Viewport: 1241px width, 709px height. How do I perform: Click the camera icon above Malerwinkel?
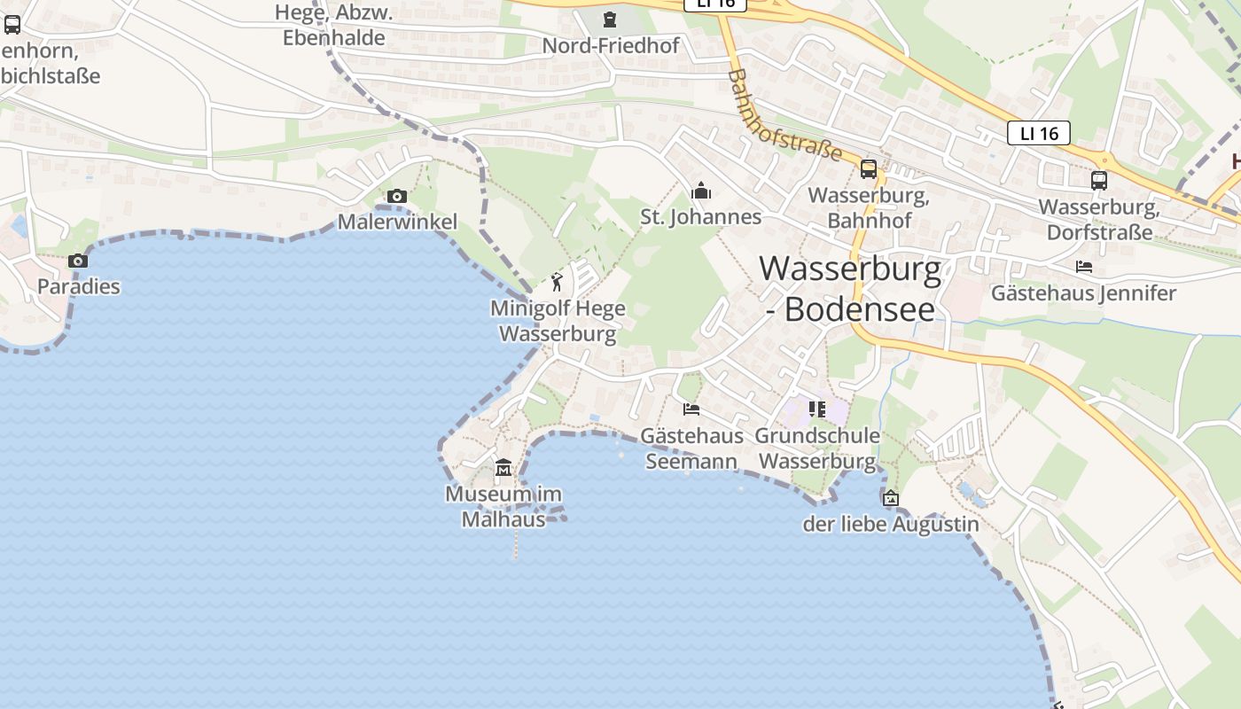pos(397,196)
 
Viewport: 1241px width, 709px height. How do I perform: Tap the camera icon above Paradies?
pos(78,261)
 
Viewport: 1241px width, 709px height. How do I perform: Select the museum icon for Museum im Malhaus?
pos(503,467)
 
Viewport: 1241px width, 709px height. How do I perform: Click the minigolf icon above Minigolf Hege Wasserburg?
pos(557,282)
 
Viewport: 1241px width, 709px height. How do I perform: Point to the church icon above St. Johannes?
pos(701,191)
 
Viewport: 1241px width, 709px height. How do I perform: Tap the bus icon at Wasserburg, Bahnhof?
pos(869,168)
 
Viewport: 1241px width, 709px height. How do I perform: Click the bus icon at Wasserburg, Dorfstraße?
pos(1099,180)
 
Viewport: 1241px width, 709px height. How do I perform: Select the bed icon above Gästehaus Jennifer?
pos(1084,266)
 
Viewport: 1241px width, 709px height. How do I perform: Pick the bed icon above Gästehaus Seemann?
pos(691,409)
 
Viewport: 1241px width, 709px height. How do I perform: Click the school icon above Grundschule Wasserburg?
pos(817,409)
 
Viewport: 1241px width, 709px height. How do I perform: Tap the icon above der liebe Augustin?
pos(891,498)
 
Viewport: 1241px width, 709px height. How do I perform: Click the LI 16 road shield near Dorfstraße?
pos(1039,134)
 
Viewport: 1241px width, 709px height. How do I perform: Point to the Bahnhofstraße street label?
pos(784,116)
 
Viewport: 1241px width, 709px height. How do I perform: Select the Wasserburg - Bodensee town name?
pos(850,288)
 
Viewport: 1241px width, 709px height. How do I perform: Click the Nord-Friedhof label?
pos(611,45)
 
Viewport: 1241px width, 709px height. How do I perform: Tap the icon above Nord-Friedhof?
pos(610,19)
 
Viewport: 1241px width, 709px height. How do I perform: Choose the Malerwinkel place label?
pos(397,222)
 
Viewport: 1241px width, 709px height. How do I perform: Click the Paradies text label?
pos(78,286)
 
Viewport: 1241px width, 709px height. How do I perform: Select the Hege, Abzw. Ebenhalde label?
pos(333,25)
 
